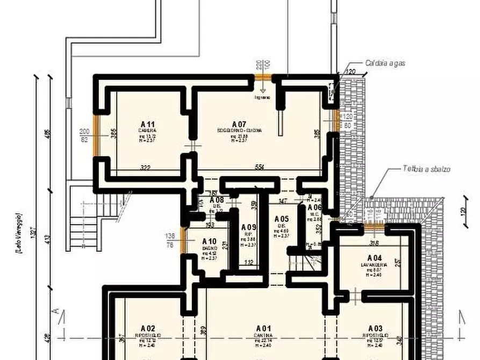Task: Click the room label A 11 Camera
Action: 147,125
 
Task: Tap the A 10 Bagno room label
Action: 209,241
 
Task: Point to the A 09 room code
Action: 249,227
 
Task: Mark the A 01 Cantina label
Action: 263,328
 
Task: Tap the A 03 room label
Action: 375,328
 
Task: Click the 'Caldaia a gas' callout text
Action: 385,63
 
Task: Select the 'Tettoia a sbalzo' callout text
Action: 427,169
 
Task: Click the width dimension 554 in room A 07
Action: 259,168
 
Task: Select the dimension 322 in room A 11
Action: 145,168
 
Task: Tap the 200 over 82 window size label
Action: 84,135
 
